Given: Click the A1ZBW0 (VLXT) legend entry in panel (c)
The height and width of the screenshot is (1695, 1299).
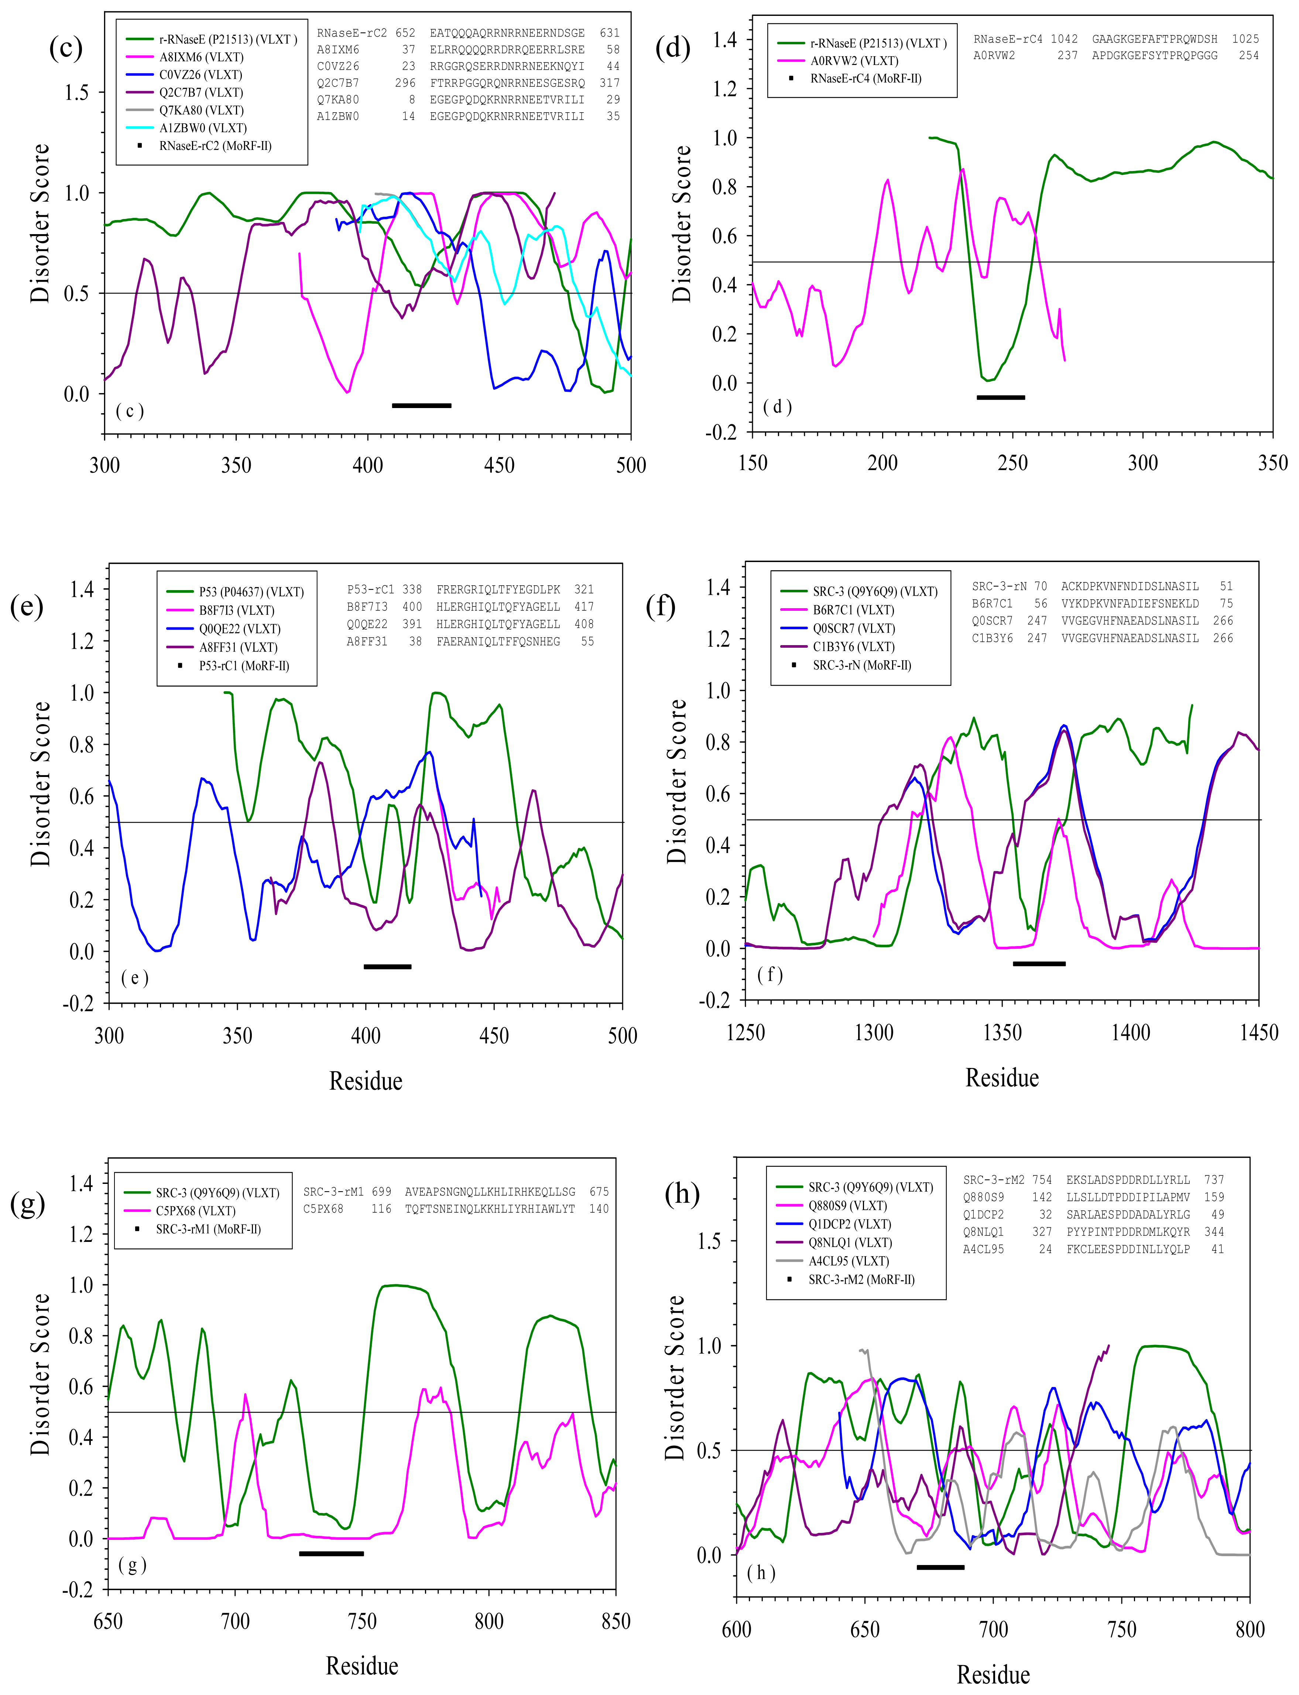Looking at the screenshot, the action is tap(186, 128).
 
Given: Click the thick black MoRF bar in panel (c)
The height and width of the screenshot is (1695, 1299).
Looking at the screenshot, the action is tap(421, 405).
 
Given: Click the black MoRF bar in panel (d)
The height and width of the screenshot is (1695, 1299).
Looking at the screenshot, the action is tap(1001, 397).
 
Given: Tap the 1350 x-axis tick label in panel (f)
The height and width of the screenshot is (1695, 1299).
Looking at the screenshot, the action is tap(1002, 1032).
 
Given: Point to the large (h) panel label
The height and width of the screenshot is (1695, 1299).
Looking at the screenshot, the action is tap(682, 1193).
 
